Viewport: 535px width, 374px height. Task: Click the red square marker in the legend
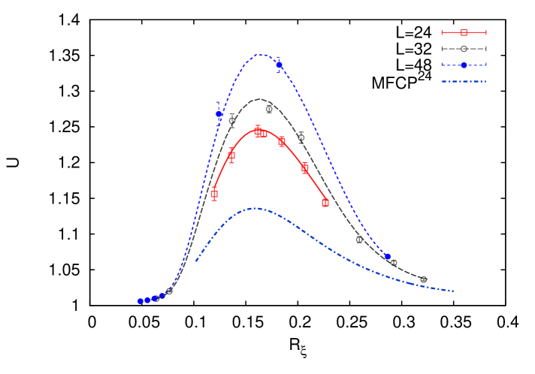[464, 32]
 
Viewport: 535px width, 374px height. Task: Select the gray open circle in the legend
[464, 49]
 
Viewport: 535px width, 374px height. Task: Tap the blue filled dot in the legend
[464, 65]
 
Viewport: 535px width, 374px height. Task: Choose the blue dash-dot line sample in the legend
[464, 81]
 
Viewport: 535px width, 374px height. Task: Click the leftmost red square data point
[214, 195]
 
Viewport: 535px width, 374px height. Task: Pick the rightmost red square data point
[325, 202]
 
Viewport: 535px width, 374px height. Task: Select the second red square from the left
[231, 155]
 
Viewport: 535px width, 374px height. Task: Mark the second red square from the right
[305, 168]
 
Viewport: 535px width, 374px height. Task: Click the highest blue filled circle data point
[280, 65]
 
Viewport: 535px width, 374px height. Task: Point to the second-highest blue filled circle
[219, 115]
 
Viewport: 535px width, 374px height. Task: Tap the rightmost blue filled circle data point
[387, 257]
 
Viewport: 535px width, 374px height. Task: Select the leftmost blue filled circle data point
[141, 301]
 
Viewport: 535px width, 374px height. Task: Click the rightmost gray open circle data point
[423, 279]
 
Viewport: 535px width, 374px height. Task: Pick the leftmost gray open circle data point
[170, 290]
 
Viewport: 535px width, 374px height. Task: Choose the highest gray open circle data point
[269, 109]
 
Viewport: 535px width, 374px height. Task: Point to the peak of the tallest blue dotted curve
[260, 54]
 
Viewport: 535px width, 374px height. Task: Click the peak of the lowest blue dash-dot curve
[255, 208]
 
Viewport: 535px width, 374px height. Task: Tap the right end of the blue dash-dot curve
[453, 291]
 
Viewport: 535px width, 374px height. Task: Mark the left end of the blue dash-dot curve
[196, 261]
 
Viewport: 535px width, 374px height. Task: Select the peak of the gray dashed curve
[259, 99]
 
